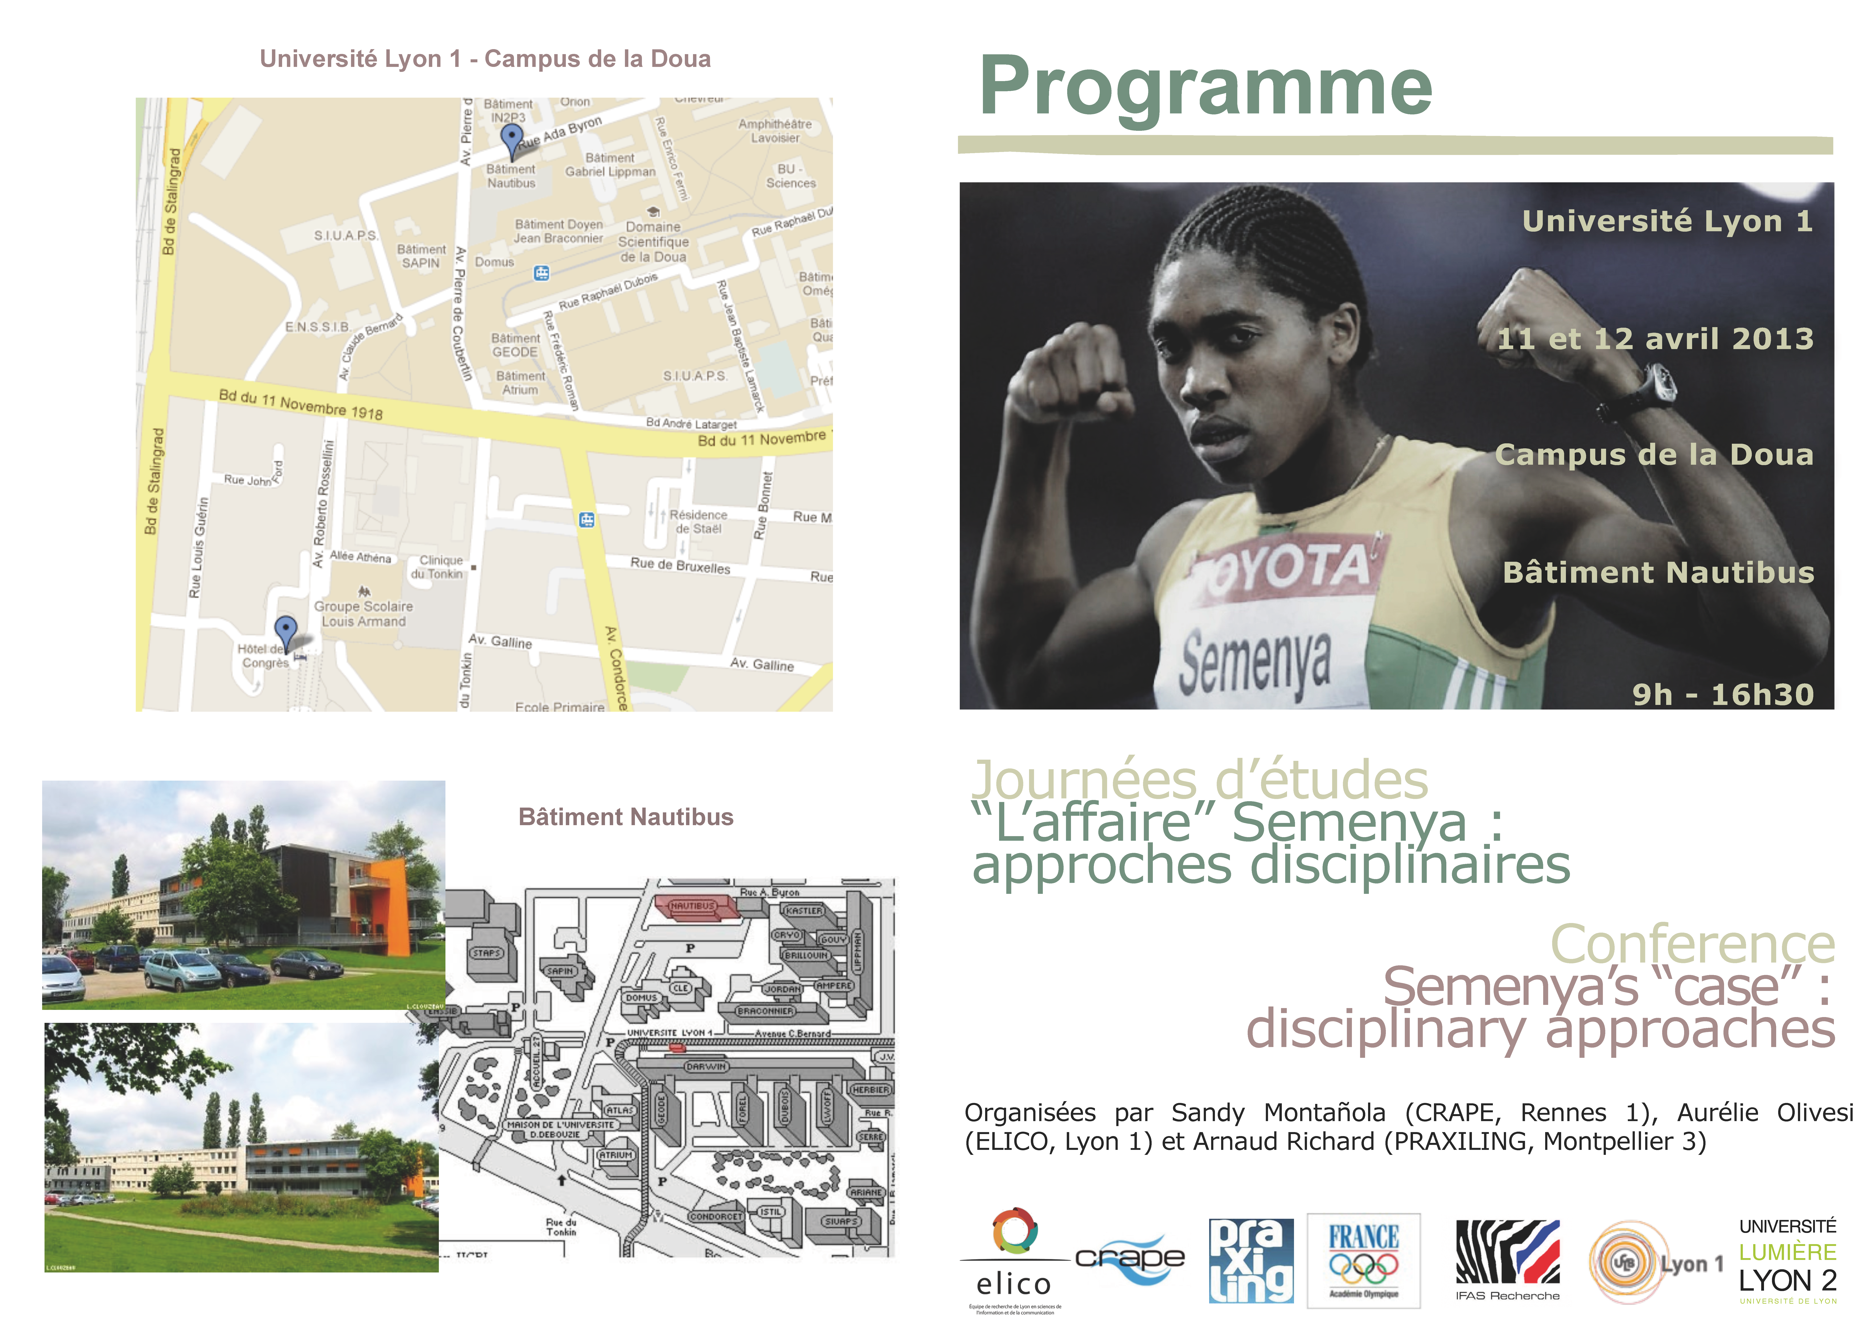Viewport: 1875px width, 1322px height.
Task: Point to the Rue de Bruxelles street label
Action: click(x=680, y=565)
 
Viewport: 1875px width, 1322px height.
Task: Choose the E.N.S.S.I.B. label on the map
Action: click(x=318, y=327)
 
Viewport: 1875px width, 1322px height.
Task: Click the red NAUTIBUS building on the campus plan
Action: click(x=696, y=906)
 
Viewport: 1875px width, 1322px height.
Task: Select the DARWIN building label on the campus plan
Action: click(x=706, y=1066)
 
